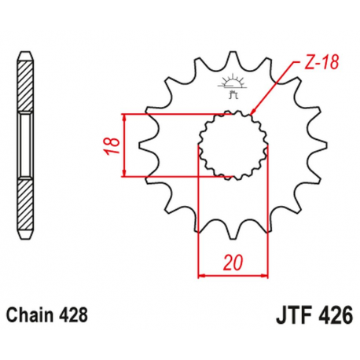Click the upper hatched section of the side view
[26, 86]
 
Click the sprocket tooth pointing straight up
[233, 59]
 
